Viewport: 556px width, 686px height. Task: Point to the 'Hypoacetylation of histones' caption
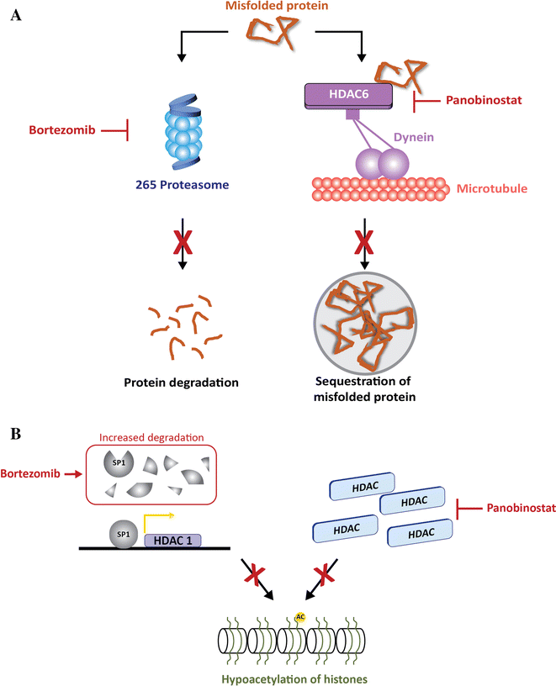tap(278, 675)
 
